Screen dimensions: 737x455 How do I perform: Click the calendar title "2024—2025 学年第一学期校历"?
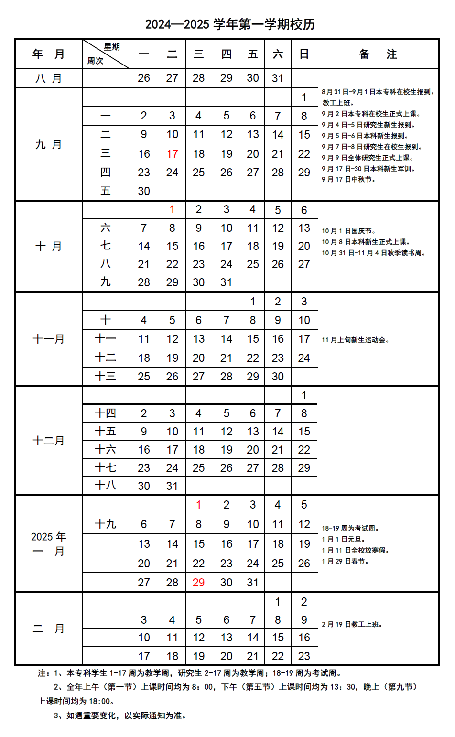pyautogui.click(x=230, y=24)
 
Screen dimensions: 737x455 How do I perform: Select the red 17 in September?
pyautogui.click(x=172, y=154)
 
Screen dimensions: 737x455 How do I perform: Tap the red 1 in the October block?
pyautogui.click(x=172, y=210)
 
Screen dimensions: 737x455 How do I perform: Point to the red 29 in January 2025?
pyautogui.click(x=198, y=583)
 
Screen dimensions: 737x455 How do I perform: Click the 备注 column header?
pyautogui.click(x=378, y=54)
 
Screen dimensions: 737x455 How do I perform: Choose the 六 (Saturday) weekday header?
pyautogui.click(x=278, y=54)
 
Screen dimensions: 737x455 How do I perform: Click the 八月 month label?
pyautogui.click(x=49, y=78)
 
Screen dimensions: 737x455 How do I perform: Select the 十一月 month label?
pyautogui.click(x=49, y=339)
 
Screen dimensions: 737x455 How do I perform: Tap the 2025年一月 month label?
pyautogui.click(x=49, y=544)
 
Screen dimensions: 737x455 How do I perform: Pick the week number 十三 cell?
pyautogui.click(x=105, y=377)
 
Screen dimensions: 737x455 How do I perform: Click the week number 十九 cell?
pyautogui.click(x=105, y=524)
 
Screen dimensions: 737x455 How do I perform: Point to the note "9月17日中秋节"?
pyautogui.click(x=348, y=180)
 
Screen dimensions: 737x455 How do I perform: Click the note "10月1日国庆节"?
pyautogui.click(x=348, y=231)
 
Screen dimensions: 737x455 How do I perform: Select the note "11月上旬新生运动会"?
pyautogui.click(x=356, y=340)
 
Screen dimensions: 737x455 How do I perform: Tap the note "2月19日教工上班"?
pyautogui.click(x=352, y=625)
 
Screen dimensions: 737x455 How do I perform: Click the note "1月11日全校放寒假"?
pyautogui.click(x=356, y=551)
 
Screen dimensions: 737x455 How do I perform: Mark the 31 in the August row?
pyautogui.click(x=278, y=78)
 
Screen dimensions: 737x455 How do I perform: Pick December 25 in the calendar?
pyautogui.click(x=198, y=468)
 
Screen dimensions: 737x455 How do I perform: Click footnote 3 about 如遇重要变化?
pyautogui.click(x=119, y=715)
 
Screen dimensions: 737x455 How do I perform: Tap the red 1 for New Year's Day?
pyautogui.click(x=198, y=505)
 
